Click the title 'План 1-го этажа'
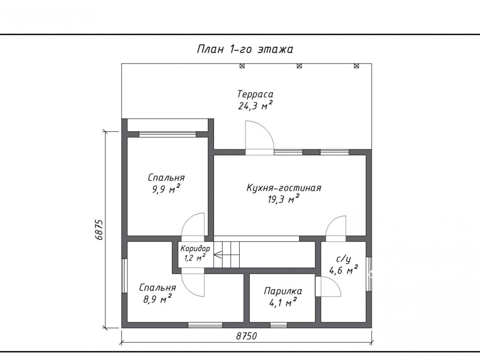tap(245, 49)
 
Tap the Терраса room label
tap(256, 94)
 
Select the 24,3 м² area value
tap(256, 106)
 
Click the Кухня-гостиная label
tap(284, 188)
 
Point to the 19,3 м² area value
tap(284, 199)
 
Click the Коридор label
tap(195, 248)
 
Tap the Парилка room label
tap(283, 291)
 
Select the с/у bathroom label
tap(343, 260)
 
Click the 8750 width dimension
tap(246, 336)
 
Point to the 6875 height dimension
tap(98, 230)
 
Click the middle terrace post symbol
tap(299, 66)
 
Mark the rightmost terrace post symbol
tap(356, 66)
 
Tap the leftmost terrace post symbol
tap(242, 66)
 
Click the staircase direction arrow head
tap(215, 254)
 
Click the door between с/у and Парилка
tap(328, 286)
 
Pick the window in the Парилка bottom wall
tap(278, 325)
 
